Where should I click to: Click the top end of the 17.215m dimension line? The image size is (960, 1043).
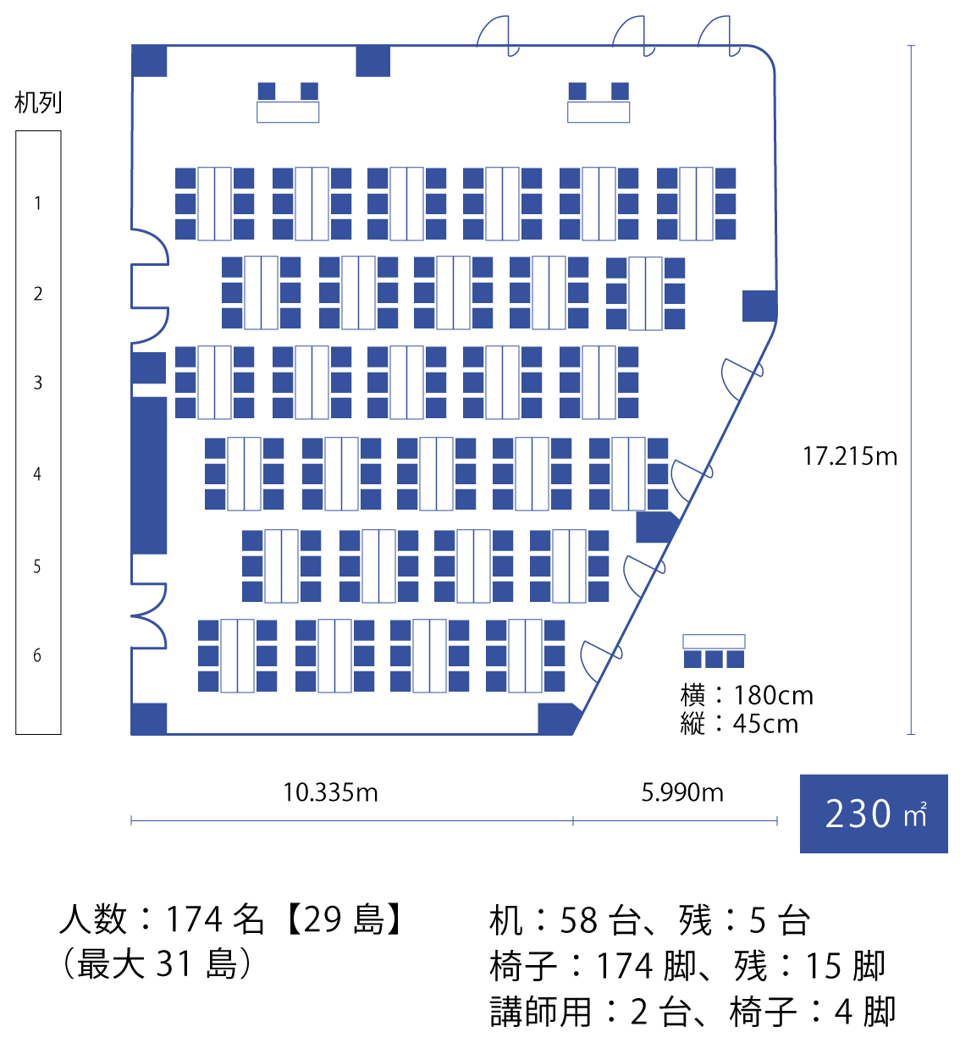(911, 46)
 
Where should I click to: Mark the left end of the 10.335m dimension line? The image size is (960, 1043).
(131, 821)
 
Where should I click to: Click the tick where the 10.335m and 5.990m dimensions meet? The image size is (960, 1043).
(573, 821)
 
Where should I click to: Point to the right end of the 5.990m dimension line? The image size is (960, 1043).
(777, 821)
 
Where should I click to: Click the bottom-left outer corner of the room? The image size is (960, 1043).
(131, 735)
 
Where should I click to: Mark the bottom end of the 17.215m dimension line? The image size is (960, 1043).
(911, 734)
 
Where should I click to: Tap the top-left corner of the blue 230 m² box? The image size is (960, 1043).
(800, 775)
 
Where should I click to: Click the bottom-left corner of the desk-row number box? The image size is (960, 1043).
(15, 734)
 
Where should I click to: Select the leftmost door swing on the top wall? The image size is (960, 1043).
(499, 36)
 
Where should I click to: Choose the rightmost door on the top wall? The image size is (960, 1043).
(720, 36)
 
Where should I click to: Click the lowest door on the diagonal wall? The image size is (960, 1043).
(601, 660)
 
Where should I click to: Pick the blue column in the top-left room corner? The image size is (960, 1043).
(149, 61)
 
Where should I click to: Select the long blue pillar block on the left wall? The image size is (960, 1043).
(149, 476)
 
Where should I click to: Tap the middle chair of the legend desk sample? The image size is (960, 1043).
(714, 659)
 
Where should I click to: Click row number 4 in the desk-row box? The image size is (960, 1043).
(37, 473)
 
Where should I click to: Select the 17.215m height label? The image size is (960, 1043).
(850, 456)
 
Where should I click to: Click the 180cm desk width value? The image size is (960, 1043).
(773, 696)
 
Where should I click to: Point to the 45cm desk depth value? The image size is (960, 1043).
(765, 724)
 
